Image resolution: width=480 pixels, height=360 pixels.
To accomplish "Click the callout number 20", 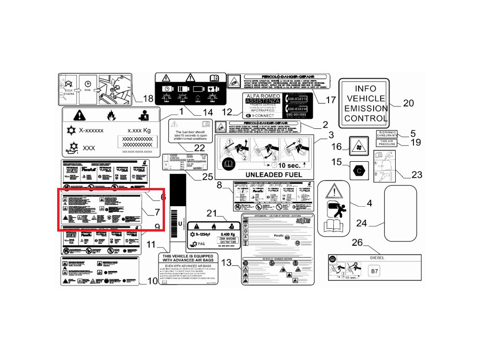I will pyautogui.click(x=408, y=103).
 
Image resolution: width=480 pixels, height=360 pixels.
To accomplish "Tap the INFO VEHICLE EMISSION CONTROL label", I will pyautogui.click(x=365, y=103).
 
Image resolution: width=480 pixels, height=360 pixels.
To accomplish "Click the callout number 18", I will pyautogui.click(x=148, y=98).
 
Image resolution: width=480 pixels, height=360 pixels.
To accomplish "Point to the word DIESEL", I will pyautogui.click(x=377, y=258).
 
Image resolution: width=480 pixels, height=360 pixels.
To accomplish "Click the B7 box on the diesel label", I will pyautogui.click(x=374, y=271).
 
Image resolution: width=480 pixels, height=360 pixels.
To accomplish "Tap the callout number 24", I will pyautogui.click(x=361, y=223).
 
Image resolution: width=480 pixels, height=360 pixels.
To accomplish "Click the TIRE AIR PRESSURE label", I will pyautogui.click(x=387, y=142).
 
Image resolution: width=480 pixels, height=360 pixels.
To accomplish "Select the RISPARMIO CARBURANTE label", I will pyautogui.click(x=387, y=133).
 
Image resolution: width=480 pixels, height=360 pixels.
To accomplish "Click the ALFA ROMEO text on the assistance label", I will pyautogui.click(x=262, y=96).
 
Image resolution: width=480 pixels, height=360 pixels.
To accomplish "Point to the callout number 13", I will pyautogui.click(x=226, y=262).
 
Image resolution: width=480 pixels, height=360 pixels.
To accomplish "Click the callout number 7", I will pyautogui.click(x=157, y=211).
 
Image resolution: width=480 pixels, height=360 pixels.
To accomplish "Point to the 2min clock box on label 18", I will pyautogui.click(x=88, y=86).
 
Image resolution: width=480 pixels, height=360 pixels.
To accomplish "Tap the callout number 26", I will pyautogui.click(x=357, y=242).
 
